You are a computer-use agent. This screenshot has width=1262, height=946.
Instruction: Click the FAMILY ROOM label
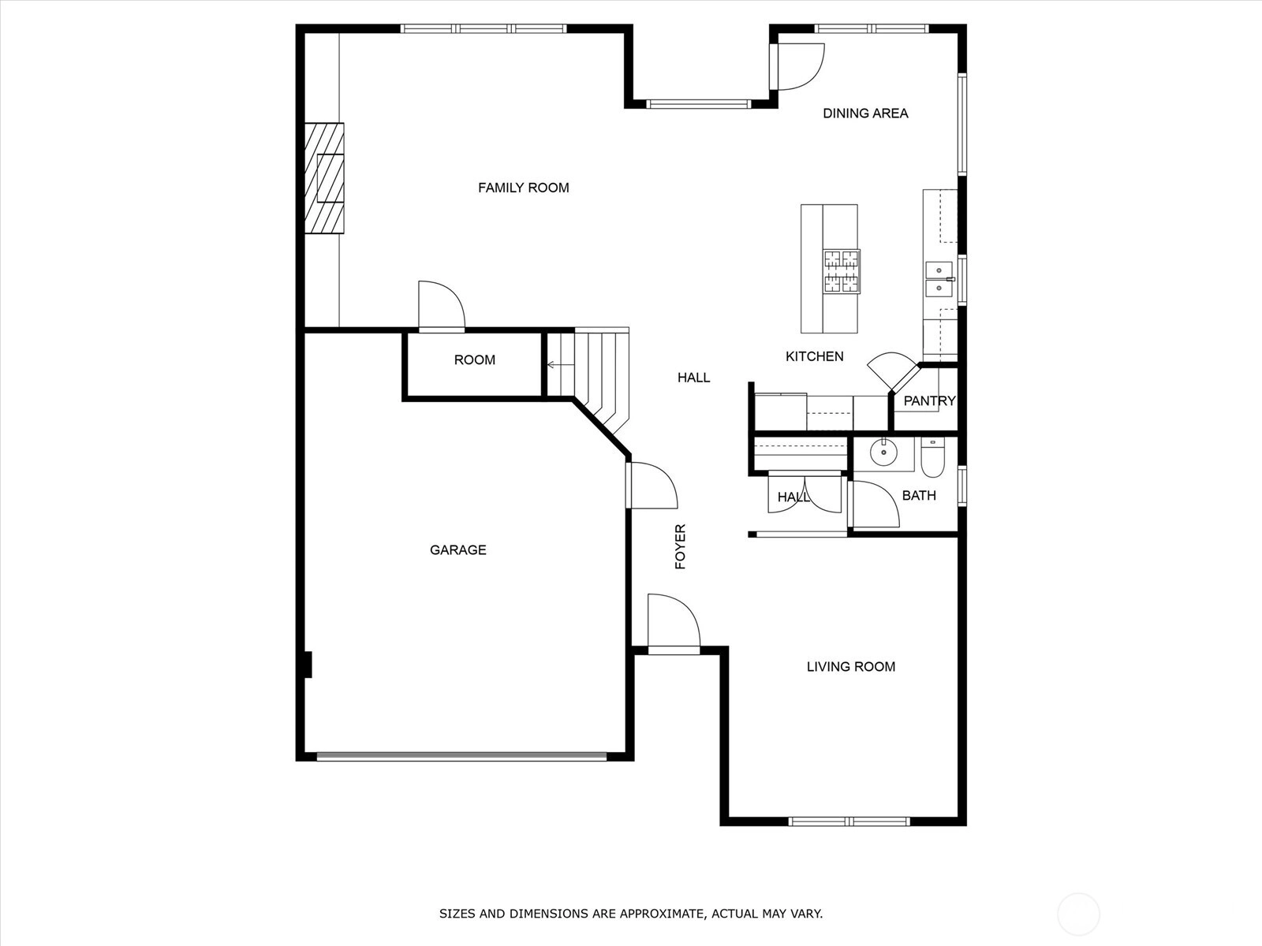pyautogui.click(x=523, y=188)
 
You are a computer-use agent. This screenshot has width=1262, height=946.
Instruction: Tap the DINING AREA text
pyautogui.click(x=865, y=114)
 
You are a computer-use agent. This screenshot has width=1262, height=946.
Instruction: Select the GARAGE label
pyautogui.click(x=458, y=550)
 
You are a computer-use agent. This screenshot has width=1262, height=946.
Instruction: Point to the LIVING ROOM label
pyautogui.click(x=851, y=667)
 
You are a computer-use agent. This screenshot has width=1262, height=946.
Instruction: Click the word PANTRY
pyautogui.click(x=930, y=401)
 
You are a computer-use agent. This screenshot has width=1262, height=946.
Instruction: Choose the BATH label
pyautogui.click(x=919, y=496)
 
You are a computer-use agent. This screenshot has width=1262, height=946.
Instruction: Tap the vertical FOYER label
pyautogui.click(x=681, y=546)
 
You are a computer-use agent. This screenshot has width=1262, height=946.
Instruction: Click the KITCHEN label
pyautogui.click(x=815, y=356)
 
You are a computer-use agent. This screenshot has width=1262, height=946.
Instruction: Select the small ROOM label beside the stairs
pyautogui.click(x=474, y=360)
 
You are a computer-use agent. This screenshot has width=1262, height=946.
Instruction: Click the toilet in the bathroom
pyautogui.click(x=932, y=457)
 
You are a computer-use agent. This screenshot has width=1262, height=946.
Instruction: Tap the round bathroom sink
pyautogui.click(x=883, y=453)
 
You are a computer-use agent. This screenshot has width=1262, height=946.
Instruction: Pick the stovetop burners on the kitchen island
pyautogui.click(x=842, y=272)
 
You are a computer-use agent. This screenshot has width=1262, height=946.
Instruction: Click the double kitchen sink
pyautogui.click(x=939, y=279)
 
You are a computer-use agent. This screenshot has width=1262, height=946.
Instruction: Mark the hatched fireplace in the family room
pyautogui.click(x=324, y=178)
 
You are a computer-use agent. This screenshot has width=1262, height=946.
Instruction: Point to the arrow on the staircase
pyautogui.click(x=560, y=365)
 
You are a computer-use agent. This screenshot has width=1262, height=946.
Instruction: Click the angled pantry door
pyautogui.click(x=893, y=372)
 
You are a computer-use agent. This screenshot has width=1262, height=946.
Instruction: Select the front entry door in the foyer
pyautogui.click(x=674, y=624)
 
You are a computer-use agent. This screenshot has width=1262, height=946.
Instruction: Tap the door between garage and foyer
pyautogui.click(x=652, y=486)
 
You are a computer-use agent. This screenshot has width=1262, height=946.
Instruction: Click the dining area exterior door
pyautogui.click(x=797, y=67)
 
